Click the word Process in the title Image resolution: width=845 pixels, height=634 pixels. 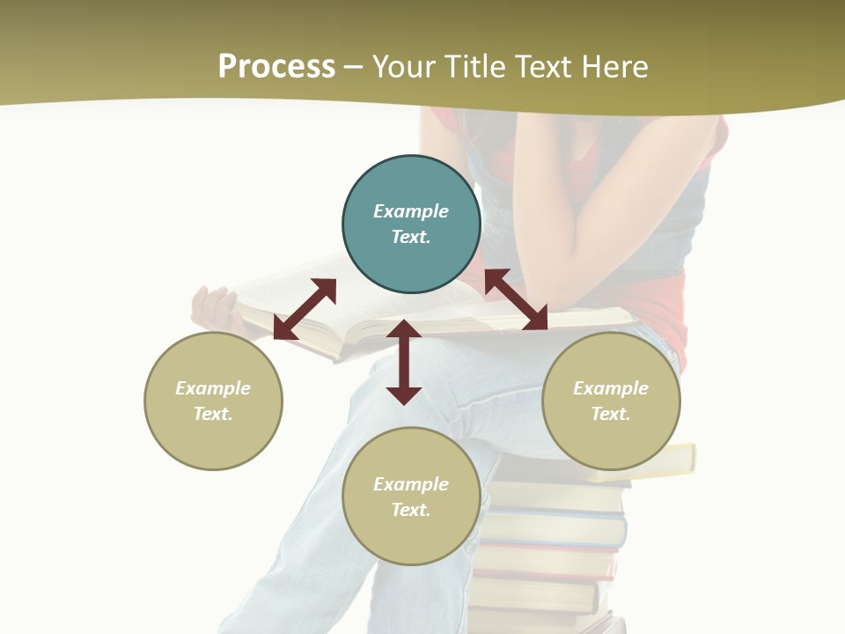tap(276, 67)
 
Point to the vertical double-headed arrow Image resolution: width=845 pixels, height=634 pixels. tap(404, 362)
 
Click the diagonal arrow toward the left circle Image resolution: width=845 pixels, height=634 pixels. tap(305, 309)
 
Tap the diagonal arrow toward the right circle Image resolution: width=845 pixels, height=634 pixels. tap(516, 299)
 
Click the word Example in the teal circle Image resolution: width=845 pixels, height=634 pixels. tap(411, 211)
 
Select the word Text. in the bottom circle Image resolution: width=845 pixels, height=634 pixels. tap(411, 510)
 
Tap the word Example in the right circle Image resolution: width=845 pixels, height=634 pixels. tap(611, 388)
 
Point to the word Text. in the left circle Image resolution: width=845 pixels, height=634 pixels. tap(213, 414)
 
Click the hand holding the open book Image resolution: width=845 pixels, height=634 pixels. tap(214, 308)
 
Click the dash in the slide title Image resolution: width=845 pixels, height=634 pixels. tap(354, 67)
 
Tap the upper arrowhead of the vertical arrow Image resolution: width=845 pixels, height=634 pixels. tap(404, 330)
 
